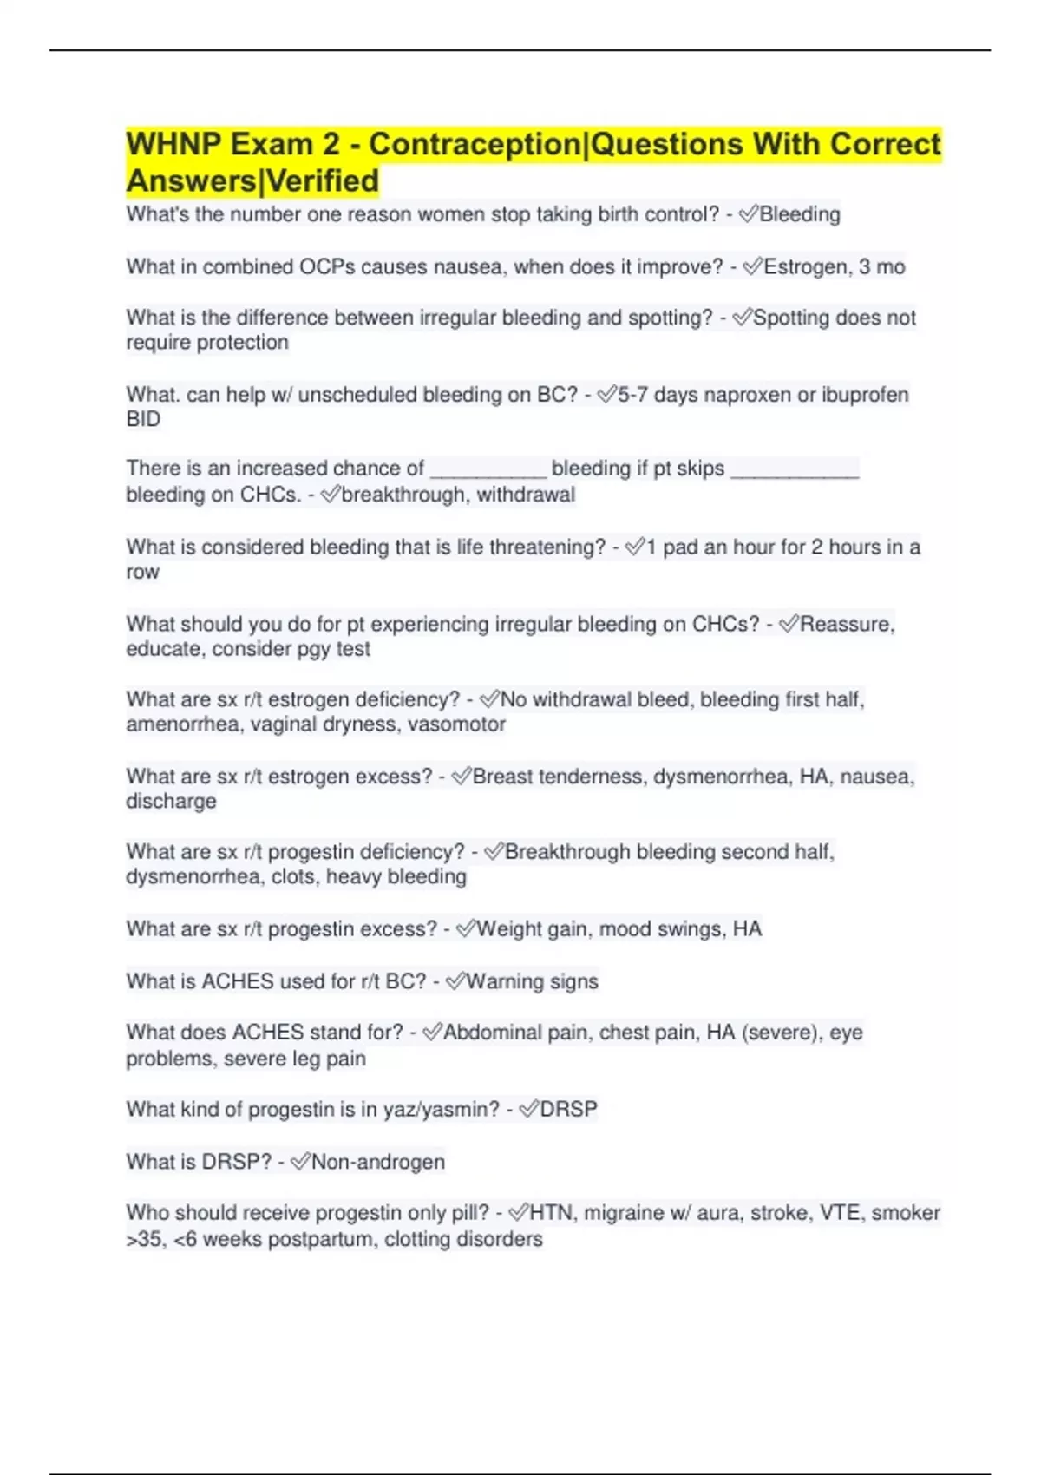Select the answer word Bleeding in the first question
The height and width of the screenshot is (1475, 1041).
coord(799,214)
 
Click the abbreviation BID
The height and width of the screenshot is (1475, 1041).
coord(143,419)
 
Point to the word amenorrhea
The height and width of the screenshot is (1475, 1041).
coord(181,724)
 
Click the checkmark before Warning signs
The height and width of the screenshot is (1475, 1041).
coord(455,981)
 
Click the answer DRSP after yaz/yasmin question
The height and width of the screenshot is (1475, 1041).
coord(568,1110)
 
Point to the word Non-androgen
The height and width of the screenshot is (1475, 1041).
coord(377,1162)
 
